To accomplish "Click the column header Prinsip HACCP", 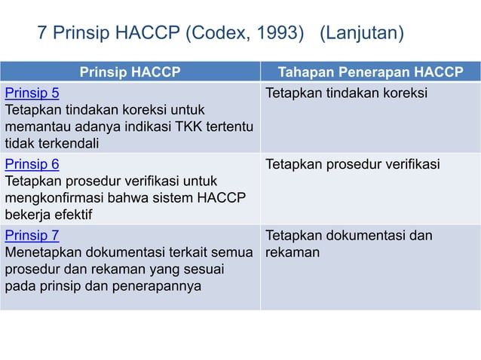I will click(x=130, y=73).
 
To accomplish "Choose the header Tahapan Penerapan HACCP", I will click(x=369, y=73).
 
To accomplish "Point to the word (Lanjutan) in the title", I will click(x=362, y=34).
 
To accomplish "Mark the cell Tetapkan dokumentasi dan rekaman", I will click(x=348, y=244).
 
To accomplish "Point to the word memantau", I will click(x=35, y=127).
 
